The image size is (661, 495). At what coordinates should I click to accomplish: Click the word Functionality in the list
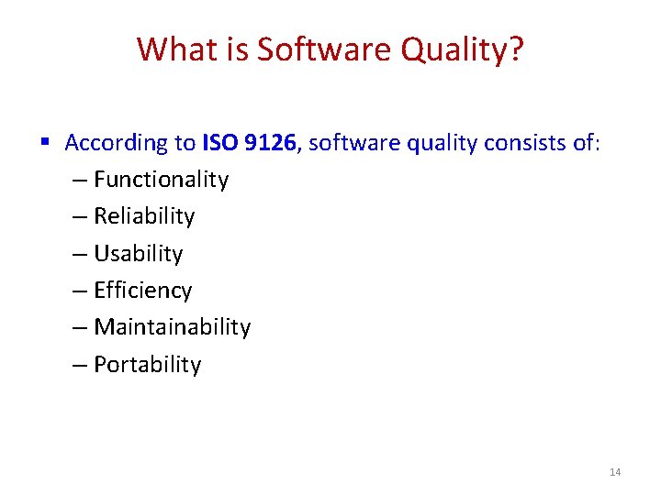[x=161, y=180]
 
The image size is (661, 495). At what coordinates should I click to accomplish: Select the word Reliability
[x=144, y=216]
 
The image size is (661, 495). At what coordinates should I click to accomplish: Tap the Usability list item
[x=139, y=254]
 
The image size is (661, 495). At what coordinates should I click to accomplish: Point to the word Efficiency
[x=143, y=291]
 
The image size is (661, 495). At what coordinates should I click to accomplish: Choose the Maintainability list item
[x=172, y=327]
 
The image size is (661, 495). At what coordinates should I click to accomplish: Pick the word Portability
[x=147, y=365]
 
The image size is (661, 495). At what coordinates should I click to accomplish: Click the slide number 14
[x=615, y=472]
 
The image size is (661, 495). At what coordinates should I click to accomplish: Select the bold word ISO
[x=217, y=143]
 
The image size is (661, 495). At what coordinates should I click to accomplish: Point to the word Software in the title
[x=313, y=49]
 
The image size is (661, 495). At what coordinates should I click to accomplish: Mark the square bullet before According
[x=45, y=142]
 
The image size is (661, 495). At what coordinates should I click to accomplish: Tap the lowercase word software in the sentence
[x=342, y=143]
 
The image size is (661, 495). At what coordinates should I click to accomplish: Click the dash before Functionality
[x=80, y=181]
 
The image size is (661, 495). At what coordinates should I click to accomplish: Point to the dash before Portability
[x=80, y=365]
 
